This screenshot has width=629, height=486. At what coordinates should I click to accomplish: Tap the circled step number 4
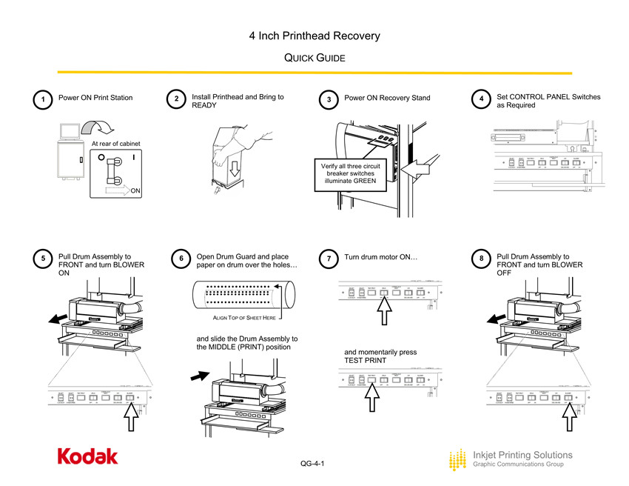coord(482,99)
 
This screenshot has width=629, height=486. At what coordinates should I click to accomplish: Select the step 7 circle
coord(329,259)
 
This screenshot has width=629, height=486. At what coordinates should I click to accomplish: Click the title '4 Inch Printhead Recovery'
coord(314,36)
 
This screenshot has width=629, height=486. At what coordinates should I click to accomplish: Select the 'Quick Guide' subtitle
coord(314,58)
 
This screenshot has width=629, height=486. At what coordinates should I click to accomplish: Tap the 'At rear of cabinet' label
coord(116,143)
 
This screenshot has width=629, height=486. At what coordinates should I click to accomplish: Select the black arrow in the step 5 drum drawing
coord(53,319)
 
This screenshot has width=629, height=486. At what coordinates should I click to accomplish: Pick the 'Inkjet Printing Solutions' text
coord(522,454)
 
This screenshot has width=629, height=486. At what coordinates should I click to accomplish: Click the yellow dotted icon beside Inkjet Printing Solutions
coord(458,460)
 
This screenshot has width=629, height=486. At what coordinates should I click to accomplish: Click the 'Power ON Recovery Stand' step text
coord(387,99)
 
